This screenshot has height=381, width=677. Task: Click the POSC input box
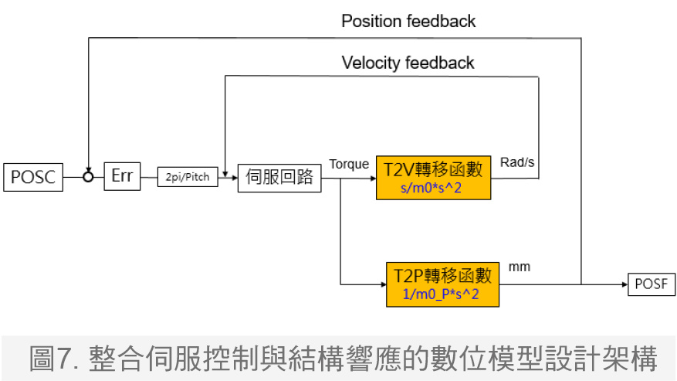[32, 177]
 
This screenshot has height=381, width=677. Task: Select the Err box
[122, 176]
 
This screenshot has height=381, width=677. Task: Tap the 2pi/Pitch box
[188, 177]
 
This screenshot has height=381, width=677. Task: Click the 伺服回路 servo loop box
[279, 177]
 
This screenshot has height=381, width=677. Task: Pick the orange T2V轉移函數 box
[433, 178]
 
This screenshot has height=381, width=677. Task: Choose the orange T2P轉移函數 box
[442, 284]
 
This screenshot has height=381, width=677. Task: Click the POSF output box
[652, 284]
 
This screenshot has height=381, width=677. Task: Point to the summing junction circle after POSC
[89, 177]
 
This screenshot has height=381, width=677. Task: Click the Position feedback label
[408, 21]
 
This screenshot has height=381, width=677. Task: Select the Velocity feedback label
[408, 63]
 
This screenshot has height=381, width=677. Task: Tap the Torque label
[349, 164]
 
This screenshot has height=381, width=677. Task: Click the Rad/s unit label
[517, 162]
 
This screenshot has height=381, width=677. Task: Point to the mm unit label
[520, 267]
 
